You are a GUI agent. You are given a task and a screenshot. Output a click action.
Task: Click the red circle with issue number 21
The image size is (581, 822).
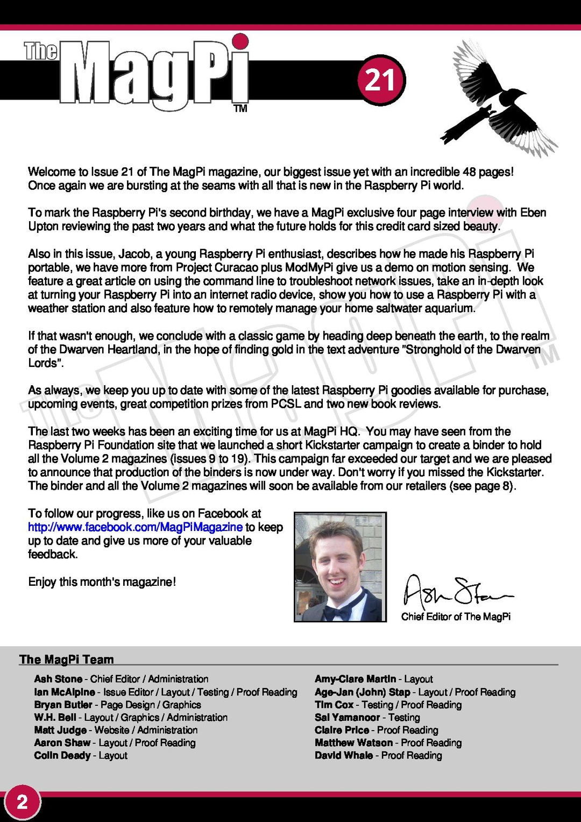pos(381,80)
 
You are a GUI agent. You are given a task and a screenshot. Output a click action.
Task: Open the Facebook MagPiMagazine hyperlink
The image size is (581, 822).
pos(135,527)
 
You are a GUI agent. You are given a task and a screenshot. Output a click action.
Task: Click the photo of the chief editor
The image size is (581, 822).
pos(340,567)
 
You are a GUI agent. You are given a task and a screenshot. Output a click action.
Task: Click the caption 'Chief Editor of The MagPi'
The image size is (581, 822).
pos(456,616)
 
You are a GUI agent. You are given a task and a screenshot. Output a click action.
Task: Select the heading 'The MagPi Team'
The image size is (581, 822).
pos(67,660)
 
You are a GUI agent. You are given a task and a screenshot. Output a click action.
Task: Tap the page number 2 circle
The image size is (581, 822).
pos(22,803)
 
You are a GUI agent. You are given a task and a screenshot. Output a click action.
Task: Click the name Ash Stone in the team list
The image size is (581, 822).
pos(58,679)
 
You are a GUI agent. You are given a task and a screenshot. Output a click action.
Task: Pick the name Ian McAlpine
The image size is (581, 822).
pos(65,692)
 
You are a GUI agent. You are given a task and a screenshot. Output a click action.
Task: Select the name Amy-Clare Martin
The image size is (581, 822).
pos(355,679)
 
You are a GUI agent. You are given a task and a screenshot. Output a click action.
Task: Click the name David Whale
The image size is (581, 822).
pos(344,755)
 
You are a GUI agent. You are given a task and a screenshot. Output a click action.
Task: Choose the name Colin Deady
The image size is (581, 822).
pos(62,755)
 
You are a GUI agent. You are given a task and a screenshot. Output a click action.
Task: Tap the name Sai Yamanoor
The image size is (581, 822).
pos(347,717)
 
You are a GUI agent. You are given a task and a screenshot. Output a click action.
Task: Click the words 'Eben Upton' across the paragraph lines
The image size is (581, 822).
pos(533,213)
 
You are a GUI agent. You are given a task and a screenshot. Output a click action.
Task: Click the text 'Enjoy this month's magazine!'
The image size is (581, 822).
pos(102,582)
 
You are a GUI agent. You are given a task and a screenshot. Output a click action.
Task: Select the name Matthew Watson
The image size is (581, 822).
pos(353,742)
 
